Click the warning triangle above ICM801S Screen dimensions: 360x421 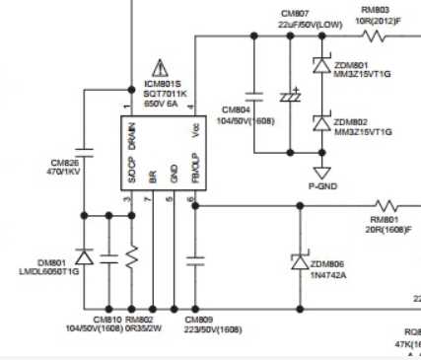click(x=151, y=65)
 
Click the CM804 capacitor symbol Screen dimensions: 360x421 click(x=254, y=96)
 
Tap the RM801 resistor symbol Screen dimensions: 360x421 click(x=384, y=206)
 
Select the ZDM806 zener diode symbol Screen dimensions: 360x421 click(x=300, y=261)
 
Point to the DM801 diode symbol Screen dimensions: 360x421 click(x=84, y=258)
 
